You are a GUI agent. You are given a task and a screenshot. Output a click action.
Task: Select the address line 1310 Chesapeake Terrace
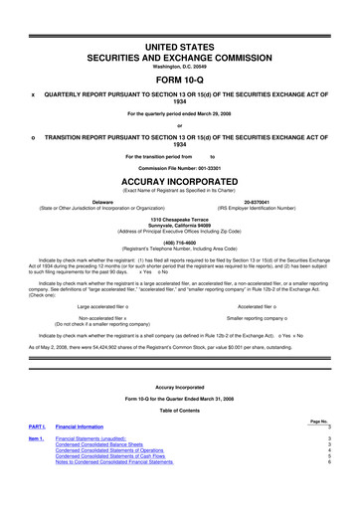click(x=179, y=218)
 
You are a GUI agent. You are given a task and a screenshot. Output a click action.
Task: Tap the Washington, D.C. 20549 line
click(x=179, y=53)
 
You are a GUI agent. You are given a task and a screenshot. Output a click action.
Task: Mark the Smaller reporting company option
click(x=263, y=319)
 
